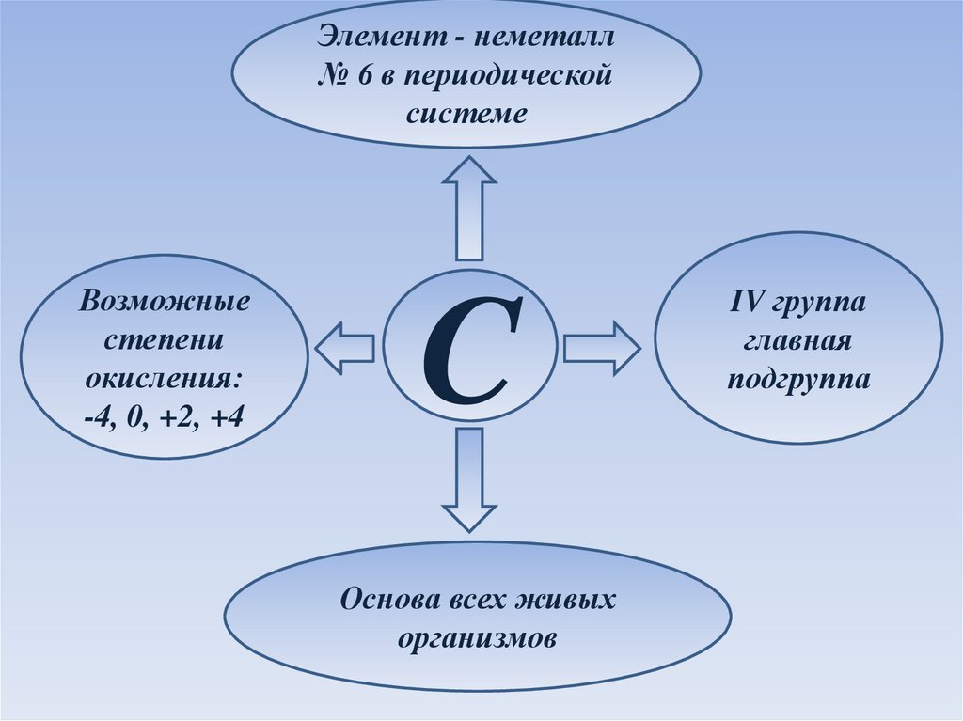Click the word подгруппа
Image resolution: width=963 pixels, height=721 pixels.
tap(797, 378)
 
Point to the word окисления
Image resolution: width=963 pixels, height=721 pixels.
tap(164, 379)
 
